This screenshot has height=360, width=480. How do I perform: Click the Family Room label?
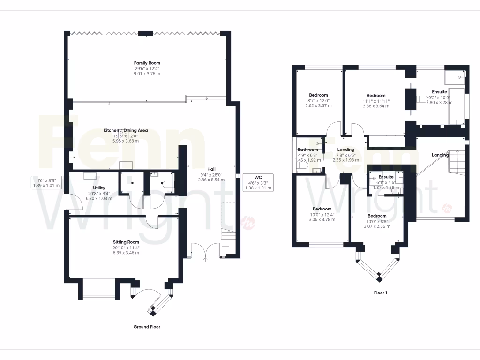click(x=147, y=63)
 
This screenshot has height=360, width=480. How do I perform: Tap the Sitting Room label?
click(x=126, y=242)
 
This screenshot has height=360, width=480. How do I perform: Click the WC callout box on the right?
click(x=257, y=182)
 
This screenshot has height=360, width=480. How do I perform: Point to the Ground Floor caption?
click(x=147, y=327)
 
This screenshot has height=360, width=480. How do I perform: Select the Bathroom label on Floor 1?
click(x=307, y=150)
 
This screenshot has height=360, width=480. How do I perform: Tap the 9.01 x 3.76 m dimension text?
click(x=147, y=74)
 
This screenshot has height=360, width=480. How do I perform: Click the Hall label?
click(x=212, y=169)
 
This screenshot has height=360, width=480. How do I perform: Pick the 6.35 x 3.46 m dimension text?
click(x=126, y=253)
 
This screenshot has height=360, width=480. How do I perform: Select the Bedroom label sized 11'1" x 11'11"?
click(x=376, y=96)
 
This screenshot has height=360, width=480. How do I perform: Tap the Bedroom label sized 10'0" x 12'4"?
click(x=322, y=209)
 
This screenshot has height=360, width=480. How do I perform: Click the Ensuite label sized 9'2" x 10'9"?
click(x=439, y=92)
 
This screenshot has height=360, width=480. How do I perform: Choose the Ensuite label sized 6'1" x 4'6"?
click(x=386, y=177)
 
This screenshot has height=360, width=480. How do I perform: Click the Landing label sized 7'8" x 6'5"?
click(x=346, y=150)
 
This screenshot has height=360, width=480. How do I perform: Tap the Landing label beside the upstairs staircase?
click(x=440, y=155)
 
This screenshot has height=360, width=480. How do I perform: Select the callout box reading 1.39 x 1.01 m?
click(x=46, y=182)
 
